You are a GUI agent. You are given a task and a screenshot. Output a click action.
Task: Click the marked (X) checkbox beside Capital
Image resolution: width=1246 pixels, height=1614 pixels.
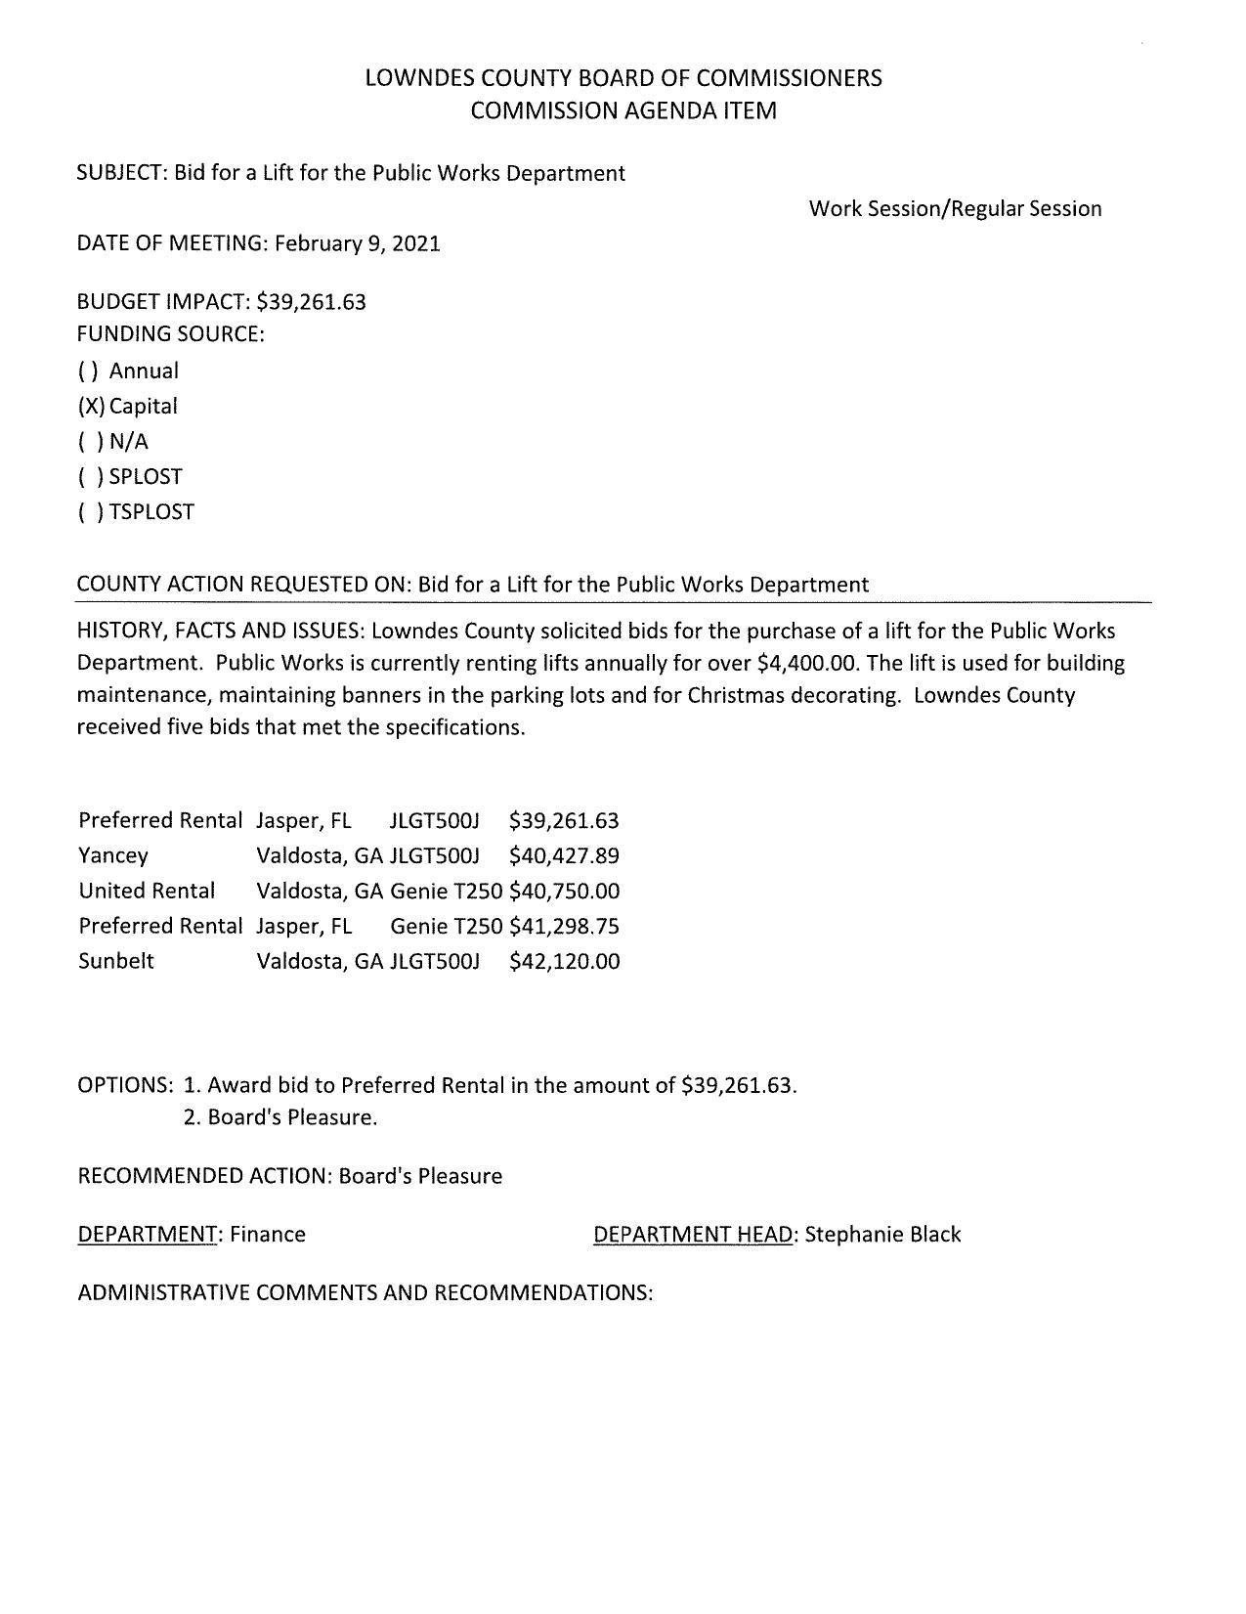click(91, 406)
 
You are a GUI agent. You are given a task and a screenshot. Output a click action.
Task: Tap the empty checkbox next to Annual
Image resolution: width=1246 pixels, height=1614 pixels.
click(89, 371)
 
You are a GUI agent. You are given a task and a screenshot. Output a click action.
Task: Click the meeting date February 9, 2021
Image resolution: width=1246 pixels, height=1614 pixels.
click(357, 243)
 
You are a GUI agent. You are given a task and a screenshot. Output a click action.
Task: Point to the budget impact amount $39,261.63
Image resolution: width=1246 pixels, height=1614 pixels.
click(311, 301)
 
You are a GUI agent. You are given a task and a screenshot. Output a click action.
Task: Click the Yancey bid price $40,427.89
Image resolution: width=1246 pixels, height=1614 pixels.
click(564, 855)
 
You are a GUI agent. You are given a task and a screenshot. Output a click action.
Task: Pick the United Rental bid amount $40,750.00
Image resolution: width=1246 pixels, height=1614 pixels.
click(564, 891)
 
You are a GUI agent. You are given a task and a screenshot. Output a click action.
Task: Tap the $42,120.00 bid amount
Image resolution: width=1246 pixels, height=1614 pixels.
click(564, 961)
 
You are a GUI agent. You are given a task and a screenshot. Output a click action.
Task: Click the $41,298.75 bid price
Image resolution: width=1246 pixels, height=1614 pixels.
click(564, 926)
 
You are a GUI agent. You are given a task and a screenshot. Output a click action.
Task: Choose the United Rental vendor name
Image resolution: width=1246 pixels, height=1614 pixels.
click(147, 891)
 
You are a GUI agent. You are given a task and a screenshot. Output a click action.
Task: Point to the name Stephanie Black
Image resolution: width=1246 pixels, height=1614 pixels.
click(882, 1234)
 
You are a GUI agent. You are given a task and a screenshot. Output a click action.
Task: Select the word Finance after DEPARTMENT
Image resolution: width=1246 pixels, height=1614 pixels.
click(268, 1234)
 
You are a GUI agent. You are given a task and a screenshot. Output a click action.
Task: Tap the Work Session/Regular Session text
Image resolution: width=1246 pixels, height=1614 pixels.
click(955, 208)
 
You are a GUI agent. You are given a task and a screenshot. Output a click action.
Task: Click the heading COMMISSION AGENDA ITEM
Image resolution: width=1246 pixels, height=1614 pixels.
click(623, 110)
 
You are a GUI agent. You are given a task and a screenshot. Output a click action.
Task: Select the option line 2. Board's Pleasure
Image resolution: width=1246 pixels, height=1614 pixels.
click(279, 1116)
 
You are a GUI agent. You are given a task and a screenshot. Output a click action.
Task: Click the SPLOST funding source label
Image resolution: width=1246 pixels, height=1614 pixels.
click(146, 476)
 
